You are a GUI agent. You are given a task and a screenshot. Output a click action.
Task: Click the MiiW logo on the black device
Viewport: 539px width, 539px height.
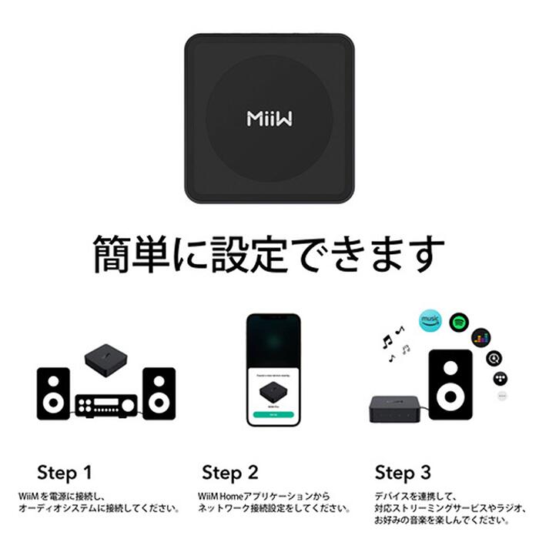269,118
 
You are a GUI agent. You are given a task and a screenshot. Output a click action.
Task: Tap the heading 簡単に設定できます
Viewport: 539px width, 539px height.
269,253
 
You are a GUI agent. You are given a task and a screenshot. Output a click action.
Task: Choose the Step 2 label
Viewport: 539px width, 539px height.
230,472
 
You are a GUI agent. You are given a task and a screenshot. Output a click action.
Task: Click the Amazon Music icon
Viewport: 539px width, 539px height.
430,321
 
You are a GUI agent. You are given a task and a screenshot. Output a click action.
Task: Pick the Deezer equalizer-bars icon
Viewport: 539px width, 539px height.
481,337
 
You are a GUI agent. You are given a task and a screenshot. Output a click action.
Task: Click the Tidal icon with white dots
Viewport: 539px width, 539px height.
499,378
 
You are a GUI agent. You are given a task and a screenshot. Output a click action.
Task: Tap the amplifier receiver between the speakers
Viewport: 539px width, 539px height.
105,405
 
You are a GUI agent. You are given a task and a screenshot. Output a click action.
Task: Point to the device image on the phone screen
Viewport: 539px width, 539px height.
273,392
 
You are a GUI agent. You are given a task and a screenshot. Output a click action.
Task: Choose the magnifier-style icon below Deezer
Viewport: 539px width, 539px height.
494,358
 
